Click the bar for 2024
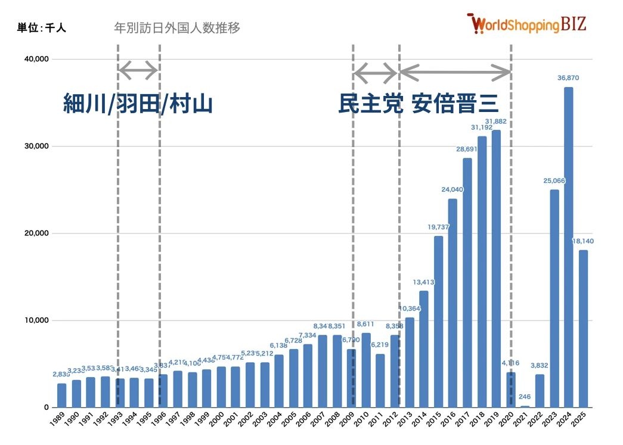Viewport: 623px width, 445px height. coord(569,247)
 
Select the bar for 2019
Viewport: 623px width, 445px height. coord(496,269)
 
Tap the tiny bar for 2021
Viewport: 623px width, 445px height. coord(525,406)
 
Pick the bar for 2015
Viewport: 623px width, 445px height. coord(438,322)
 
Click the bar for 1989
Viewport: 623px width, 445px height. coord(61,396)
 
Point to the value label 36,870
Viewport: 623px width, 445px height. coord(568,78)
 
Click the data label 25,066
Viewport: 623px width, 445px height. coord(554,181)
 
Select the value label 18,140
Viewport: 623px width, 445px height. coord(583,241)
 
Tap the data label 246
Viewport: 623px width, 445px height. coord(525,397)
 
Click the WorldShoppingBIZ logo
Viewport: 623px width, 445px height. coord(527,24)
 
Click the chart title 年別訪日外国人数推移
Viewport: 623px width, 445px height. coord(177,28)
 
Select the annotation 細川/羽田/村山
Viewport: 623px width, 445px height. coord(138,104)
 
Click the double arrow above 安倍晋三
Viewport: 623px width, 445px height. coord(455,73)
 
